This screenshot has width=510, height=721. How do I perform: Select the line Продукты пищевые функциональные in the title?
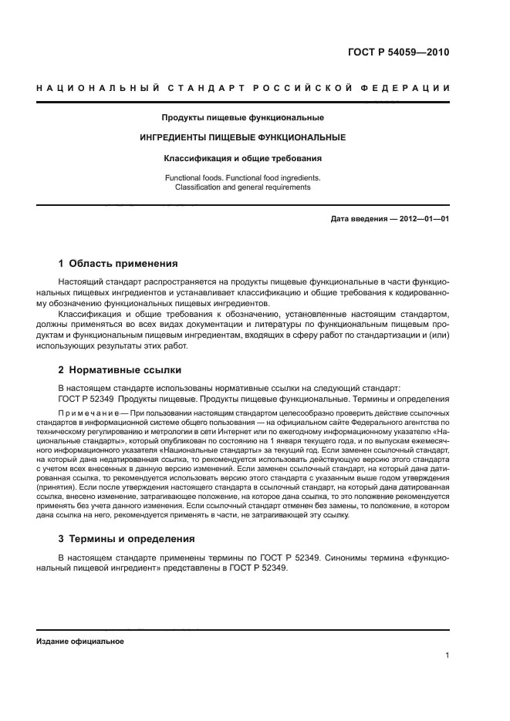242,118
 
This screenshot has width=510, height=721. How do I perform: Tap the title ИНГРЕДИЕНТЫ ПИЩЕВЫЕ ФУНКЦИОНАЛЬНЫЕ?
242,137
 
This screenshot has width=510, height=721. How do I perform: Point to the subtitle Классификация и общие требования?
242,158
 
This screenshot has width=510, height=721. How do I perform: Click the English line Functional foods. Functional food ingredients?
242,177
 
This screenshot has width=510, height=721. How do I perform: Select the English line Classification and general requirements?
242,187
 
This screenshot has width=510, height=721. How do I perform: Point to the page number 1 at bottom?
447,656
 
